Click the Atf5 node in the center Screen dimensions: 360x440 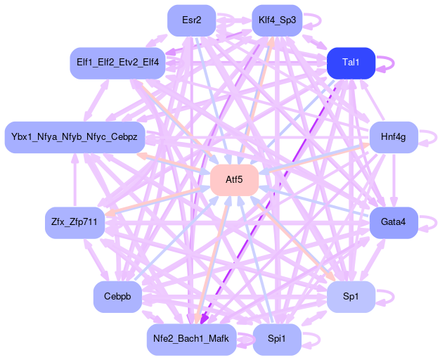click(x=234, y=180)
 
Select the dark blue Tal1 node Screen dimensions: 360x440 click(x=351, y=63)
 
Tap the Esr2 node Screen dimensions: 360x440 click(x=191, y=20)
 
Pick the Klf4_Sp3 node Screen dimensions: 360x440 click(x=276, y=20)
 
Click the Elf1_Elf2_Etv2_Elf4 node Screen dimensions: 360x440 click(x=117, y=63)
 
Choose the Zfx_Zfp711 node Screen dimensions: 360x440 click(x=75, y=223)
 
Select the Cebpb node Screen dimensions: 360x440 click(x=117, y=297)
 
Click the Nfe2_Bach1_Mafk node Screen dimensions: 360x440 click(x=190, y=340)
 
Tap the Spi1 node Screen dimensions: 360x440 click(x=276, y=340)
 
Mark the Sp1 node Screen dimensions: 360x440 click(x=351, y=297)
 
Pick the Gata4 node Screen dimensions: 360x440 click(x=394, y=223)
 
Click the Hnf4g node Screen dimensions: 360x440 click(x=394, y=136)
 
